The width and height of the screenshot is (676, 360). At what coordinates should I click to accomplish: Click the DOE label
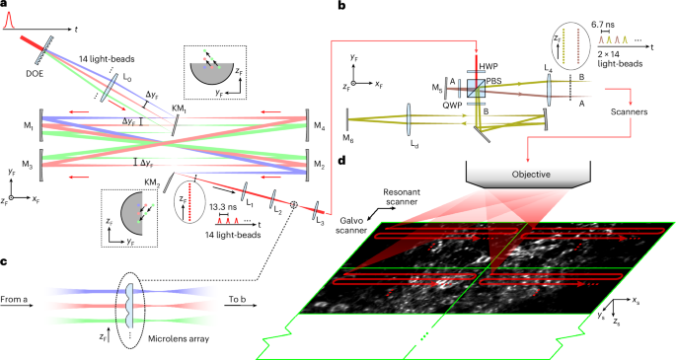(x=35, y=73)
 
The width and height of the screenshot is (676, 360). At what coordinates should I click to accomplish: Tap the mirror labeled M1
(x=41, y=125)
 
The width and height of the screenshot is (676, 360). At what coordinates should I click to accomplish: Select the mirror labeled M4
(x=307, y=125)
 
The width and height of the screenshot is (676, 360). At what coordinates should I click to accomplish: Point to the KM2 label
(x=153, y=183)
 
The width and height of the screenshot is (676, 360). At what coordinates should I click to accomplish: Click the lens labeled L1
(x=244, y=188)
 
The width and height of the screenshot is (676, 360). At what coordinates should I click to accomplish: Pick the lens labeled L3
(x=318, y=209)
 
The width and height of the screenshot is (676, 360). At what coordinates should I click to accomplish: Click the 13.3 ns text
(x=223, y=207)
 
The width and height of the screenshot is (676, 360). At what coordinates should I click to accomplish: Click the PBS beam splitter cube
(x=477, y=88)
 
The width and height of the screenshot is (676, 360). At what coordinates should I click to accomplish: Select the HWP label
(x=488, y=66)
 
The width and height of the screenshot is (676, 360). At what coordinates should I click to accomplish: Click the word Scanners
(x=629, y=112)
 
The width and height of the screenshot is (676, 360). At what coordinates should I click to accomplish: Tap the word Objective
(x=531, y=175)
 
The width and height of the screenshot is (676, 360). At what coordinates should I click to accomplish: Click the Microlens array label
(x=179, y=339)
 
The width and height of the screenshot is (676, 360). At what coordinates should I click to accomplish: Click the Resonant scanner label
(x=402, y=197)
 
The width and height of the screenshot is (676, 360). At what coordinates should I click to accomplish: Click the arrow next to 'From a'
(x=17, y=306)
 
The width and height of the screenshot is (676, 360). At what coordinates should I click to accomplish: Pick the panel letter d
(x=341, y=161)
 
